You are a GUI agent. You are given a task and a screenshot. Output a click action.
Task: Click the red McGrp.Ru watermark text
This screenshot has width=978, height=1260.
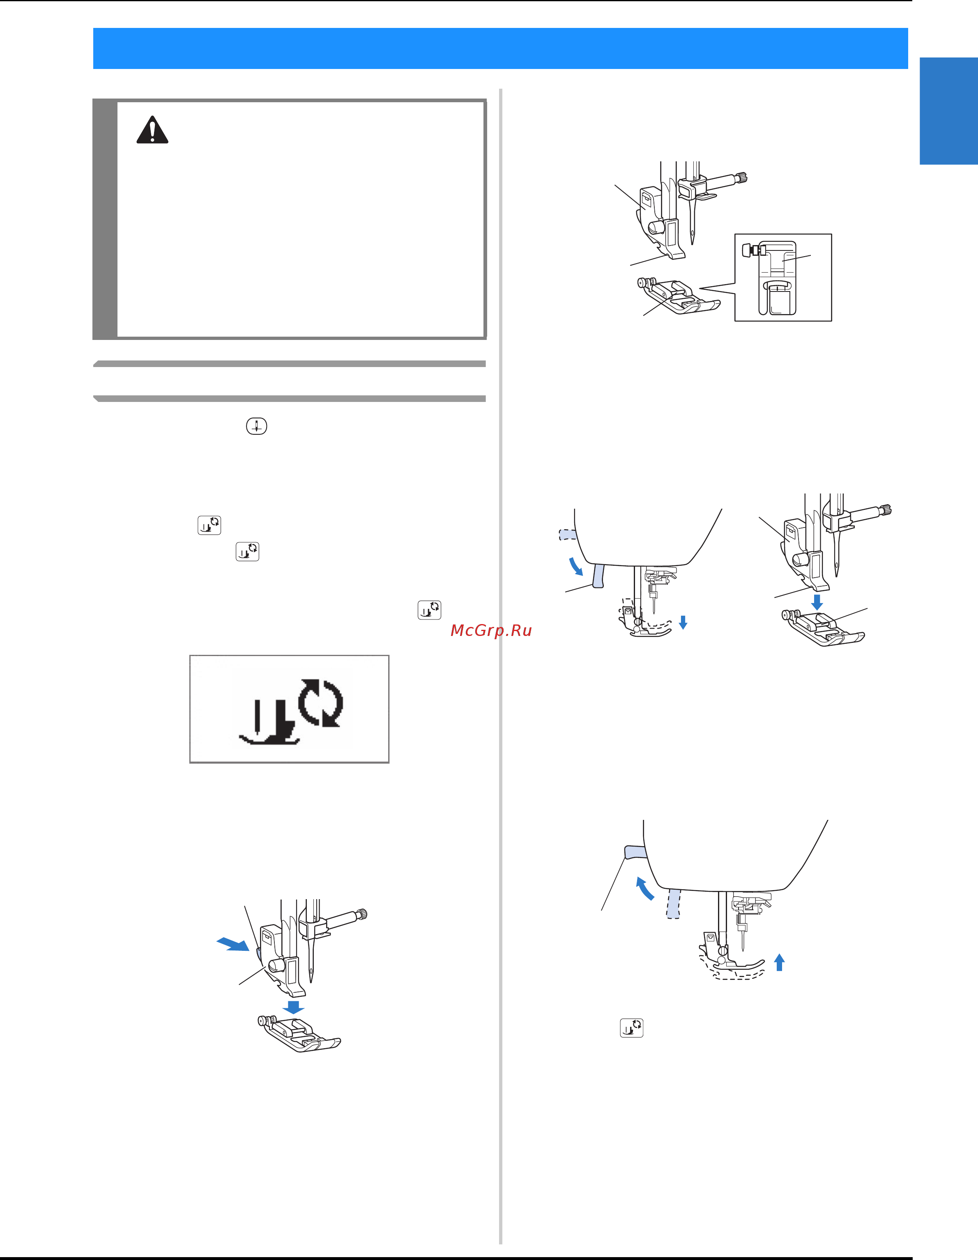(491, 631)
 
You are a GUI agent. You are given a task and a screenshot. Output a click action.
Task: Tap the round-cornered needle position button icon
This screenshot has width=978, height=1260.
(256, 426)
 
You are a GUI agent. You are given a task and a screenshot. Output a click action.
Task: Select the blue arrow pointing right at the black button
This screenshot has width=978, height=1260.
(233, 943)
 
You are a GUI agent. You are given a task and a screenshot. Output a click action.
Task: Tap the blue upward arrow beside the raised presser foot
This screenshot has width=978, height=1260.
(779, 962)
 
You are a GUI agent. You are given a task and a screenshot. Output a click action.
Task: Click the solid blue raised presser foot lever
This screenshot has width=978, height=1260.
(635, 853)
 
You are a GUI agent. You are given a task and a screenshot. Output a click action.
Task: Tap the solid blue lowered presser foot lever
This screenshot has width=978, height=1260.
(598, 576)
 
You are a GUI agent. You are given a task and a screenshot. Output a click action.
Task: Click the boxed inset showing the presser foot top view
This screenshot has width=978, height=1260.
(783, 278)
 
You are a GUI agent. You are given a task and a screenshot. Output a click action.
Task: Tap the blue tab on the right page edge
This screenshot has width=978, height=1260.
(948, 111)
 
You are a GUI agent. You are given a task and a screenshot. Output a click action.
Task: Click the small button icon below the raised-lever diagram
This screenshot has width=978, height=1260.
(632, 1028)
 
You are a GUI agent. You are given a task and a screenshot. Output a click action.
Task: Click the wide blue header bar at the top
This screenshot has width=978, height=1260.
(500, 48)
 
